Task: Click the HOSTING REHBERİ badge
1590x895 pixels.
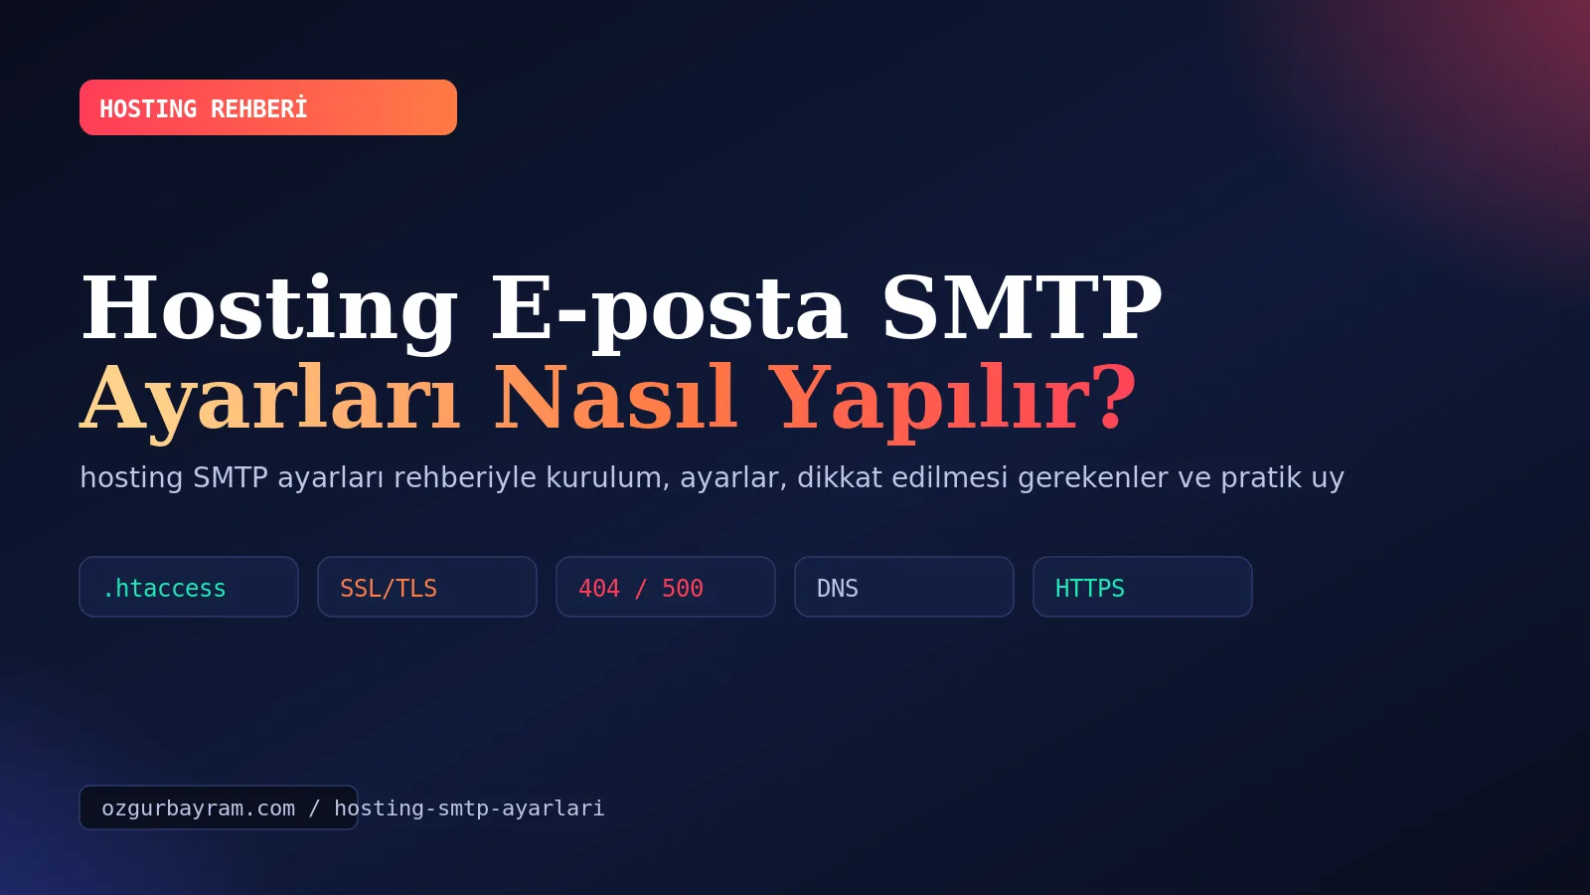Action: coord(267,107)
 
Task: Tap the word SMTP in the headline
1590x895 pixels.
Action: coord(1022,309)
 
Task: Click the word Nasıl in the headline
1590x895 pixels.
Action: coord(615,397)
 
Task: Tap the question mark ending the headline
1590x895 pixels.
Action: coord(1117,397)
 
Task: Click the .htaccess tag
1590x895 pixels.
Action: coord(189,587)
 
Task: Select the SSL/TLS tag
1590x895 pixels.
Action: coord(427,587)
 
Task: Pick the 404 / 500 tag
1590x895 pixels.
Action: coord(666,587)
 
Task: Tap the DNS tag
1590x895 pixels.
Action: coord(904,587)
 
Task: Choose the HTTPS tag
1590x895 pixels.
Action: coord(1143,587)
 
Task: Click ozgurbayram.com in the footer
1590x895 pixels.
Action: coord(198,808)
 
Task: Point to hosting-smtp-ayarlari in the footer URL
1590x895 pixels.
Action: coord(469,808)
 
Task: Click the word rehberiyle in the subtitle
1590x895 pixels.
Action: coord(464,478)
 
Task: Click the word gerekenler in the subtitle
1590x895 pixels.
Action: coord(1092,478)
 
